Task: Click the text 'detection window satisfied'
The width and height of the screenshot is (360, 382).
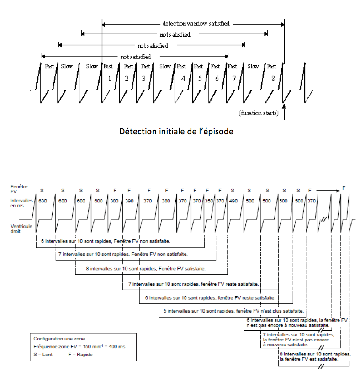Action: [196, 23]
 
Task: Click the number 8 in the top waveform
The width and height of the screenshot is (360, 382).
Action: [273, 79]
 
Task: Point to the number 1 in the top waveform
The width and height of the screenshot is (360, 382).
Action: [109, 79]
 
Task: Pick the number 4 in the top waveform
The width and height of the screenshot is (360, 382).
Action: [183, 79]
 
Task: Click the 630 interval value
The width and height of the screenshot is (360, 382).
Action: [44, 202]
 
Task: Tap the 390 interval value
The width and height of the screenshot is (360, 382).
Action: [130, 202]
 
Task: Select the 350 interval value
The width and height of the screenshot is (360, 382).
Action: [209, 202]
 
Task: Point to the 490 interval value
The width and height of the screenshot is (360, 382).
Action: [233, 202]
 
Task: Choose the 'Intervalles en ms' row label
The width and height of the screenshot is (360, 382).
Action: [20, 204]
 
